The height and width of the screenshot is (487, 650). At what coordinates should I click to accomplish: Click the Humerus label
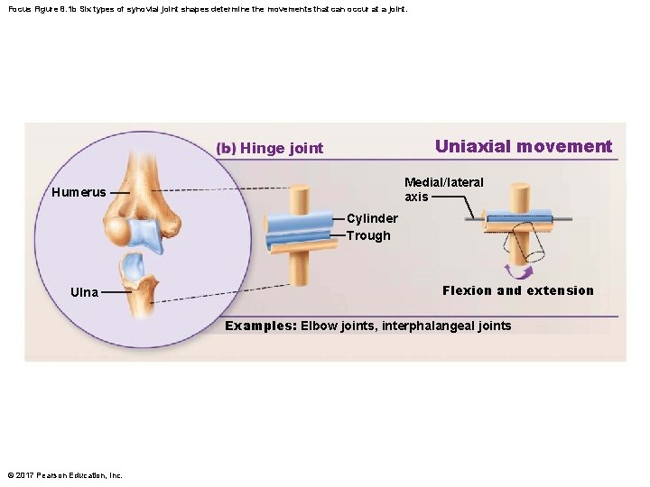coord(79,192)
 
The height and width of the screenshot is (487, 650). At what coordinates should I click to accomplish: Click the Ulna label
coord(84,292)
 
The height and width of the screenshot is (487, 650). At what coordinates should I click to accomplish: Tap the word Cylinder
coord(372,218)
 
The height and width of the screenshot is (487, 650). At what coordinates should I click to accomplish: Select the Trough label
coord(368,235)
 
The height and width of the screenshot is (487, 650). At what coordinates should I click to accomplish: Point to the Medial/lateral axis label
coord(443,189)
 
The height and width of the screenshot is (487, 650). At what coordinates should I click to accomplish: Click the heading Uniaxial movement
coord(523,146)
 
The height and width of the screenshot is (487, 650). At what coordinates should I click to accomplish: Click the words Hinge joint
coord(282,149)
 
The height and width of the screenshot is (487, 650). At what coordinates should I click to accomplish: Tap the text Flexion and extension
coord(518,290)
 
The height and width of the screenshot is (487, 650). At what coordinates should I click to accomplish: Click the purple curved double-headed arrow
coord(518,271)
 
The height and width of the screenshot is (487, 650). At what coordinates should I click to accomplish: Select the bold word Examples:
coord(260,326)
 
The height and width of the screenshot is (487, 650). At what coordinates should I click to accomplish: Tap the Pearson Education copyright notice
coord(64,475)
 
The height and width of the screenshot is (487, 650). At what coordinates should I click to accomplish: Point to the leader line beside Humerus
coord(115,192)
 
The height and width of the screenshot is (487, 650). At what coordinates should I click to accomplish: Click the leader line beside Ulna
coord(116,292)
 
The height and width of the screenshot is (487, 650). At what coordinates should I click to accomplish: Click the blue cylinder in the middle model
coord(299,223)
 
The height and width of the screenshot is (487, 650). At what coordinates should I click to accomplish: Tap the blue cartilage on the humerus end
coord(144,234)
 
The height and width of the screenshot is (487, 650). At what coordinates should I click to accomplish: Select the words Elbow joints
coord(339,326)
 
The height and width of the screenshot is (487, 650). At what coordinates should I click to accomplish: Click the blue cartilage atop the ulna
coord(133,265)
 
